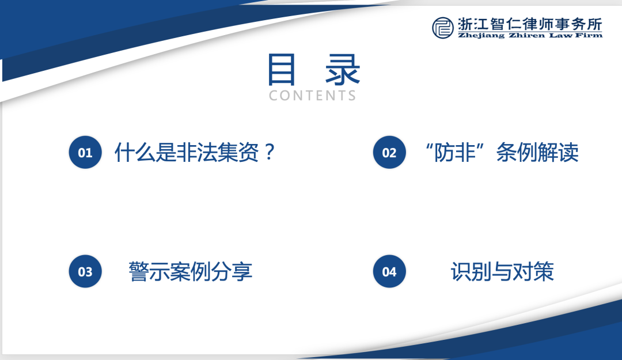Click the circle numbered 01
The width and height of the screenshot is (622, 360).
85,153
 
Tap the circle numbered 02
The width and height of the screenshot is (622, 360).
389,153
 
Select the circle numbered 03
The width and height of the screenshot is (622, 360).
85,271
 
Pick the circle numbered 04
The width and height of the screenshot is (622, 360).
389,271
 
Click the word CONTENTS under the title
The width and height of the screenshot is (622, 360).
313,96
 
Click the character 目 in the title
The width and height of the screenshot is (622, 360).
281,70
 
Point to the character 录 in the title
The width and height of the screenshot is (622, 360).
343,70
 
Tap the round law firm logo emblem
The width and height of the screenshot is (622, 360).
443,28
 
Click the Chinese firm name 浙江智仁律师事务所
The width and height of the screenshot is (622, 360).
530,24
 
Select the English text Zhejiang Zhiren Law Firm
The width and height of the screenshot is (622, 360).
530,35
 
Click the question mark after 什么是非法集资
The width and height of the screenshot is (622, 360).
270,152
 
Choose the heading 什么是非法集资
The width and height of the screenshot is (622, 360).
187,153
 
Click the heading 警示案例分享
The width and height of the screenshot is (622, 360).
191,271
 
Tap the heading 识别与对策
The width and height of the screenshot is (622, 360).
502,271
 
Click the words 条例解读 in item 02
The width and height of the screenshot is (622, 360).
537,153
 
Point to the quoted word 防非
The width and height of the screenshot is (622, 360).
455,153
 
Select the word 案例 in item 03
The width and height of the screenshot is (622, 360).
191,271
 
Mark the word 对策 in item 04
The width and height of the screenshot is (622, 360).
533,271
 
